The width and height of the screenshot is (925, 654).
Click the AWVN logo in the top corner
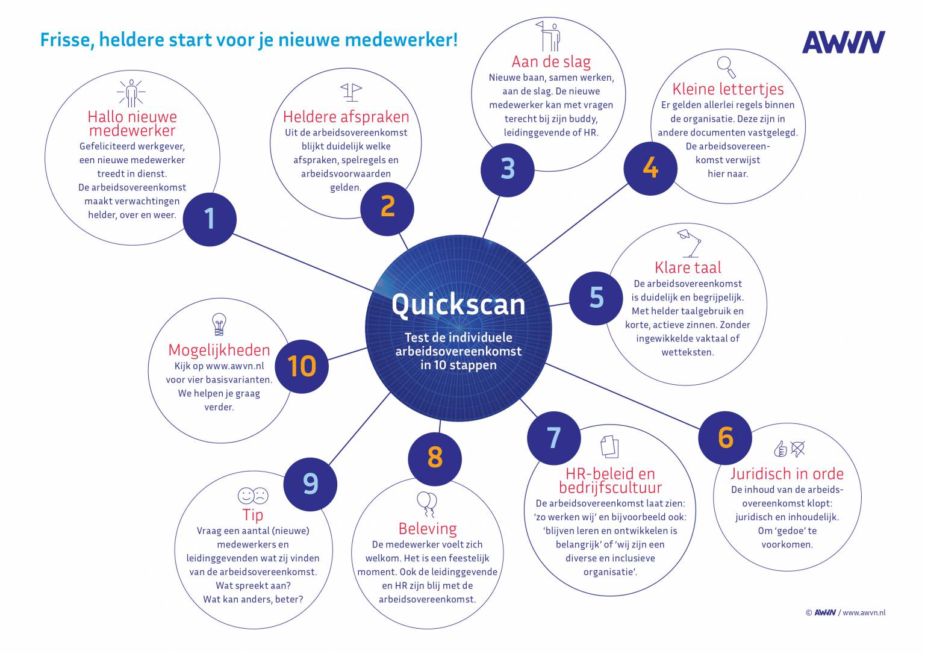pos(843,42)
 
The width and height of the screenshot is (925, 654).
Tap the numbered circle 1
pos(209,219)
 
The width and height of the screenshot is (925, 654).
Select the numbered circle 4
pos(650,167)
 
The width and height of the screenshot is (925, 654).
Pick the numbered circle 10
pos(302,366)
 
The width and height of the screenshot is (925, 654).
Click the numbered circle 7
pos(553,438)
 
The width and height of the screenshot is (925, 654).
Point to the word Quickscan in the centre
pos(458,304)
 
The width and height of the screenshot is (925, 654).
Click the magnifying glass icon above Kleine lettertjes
pos(727,66)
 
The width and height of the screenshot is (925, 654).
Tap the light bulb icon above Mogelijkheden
pos(219,324)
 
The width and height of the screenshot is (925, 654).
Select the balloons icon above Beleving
pos(426,504)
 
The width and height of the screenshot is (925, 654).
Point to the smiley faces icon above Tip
pos(253,496)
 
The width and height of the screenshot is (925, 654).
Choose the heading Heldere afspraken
pos(346,117)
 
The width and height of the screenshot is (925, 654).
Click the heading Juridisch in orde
pos(786,473)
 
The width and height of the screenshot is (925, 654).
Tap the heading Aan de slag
pos(551,61)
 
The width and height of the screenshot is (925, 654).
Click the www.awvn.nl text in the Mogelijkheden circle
pos(235,366)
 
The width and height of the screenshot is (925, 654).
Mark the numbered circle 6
pos(725,438)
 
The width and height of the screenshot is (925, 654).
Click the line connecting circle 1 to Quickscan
pos(301,262)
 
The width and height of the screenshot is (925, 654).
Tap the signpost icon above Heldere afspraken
pos(351,92)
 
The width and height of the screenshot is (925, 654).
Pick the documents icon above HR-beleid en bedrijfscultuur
pos(609,447)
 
